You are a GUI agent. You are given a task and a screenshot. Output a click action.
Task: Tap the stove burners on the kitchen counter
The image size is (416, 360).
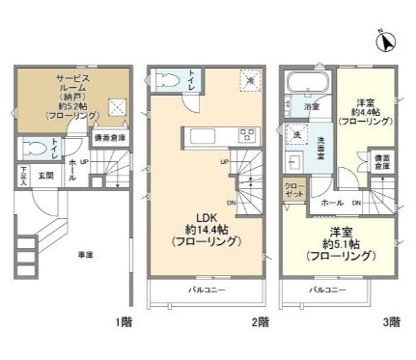pos(246,135)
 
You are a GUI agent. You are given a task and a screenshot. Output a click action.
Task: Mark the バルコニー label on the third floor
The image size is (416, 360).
pos(327,290)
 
